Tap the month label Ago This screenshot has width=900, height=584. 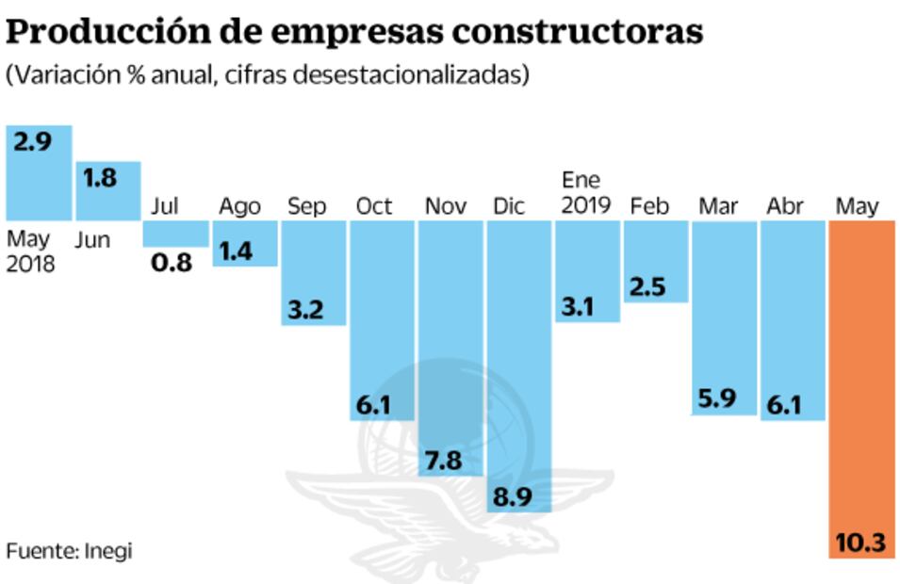(240, 206)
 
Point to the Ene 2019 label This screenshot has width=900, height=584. (585, 192)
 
